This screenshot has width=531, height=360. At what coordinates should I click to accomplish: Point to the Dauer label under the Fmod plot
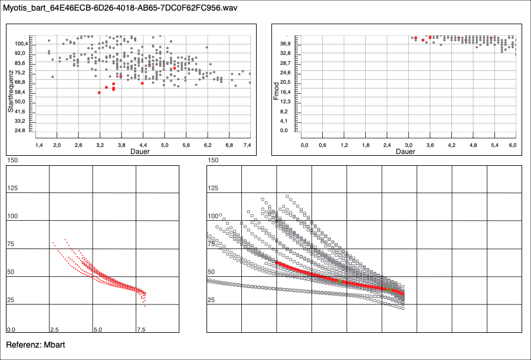[405, 151]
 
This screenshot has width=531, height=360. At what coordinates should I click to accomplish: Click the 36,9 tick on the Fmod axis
[286, 44]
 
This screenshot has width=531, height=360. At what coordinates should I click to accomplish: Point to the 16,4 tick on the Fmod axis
[286, 92]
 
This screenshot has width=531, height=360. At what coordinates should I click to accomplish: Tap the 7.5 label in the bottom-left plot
[140, 329]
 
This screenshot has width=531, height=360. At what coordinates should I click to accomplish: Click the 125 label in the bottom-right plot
[213, 188]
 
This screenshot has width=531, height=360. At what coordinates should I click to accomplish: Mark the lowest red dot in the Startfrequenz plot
[99, 93]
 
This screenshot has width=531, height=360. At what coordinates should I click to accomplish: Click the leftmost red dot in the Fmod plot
[415, 38]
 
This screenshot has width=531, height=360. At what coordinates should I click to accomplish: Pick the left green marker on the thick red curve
[340, 282]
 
